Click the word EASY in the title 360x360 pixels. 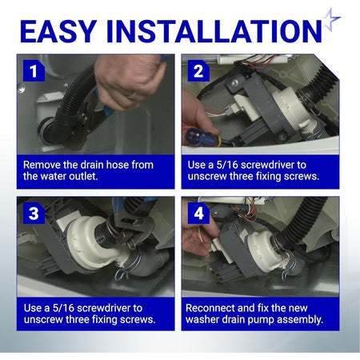click(x=58, y=31)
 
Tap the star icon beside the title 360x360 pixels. click(x=330, y=19)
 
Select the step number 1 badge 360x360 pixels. click(x=34, y=71)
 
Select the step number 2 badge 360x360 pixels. click(x=198, y=71)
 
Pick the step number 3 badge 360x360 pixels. click(x=34, y=214)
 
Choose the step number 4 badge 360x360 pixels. click(x=198, y=214)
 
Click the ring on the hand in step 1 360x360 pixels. click(x=133, y=95)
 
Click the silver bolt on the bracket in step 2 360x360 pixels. click(x=234, y=82)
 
